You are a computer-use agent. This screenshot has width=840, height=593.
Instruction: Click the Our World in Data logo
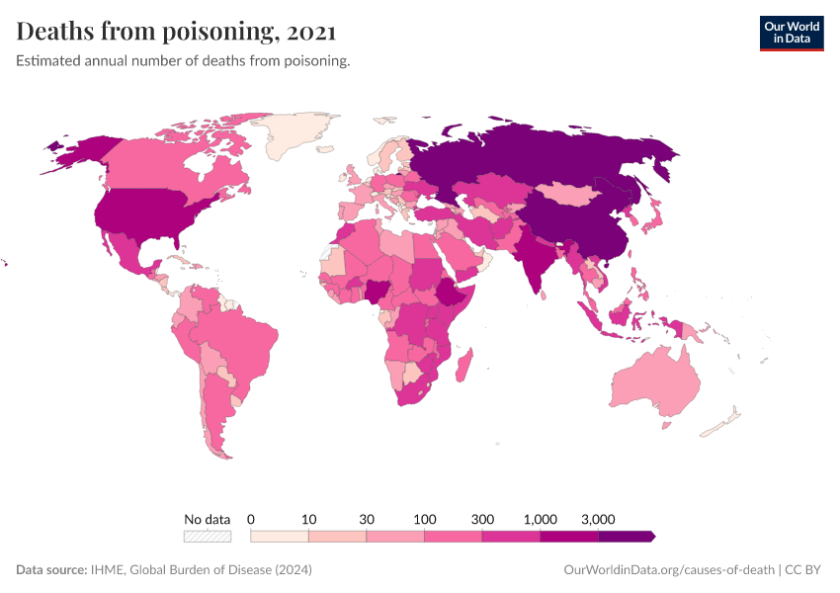point(791,32)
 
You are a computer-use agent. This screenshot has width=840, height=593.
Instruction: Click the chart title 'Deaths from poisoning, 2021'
point(177,32)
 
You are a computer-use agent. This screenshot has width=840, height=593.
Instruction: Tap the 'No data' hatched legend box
point(208,536)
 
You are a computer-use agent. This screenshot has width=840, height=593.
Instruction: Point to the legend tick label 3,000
point(598,519)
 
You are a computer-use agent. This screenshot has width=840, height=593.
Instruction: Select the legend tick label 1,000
point(541,519)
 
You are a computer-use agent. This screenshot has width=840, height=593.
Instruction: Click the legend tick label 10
point(308,519)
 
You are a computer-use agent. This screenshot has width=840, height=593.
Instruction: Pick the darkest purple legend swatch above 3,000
point(625,536)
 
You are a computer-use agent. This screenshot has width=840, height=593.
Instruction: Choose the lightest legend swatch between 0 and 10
point(280,536)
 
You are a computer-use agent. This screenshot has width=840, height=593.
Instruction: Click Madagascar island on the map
point(464,367)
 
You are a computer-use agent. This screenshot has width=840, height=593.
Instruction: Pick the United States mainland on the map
point(148,213)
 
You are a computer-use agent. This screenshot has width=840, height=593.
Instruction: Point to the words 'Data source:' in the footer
point(51,570)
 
